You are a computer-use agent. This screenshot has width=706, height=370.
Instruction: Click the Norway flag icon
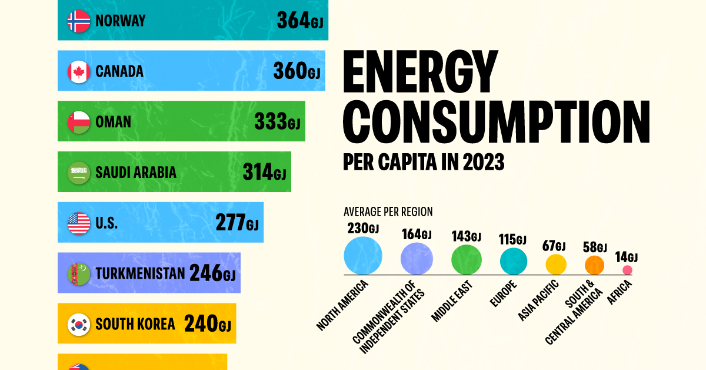79,21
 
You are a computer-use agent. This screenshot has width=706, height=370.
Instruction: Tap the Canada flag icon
79,71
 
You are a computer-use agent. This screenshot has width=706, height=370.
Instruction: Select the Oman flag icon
79,122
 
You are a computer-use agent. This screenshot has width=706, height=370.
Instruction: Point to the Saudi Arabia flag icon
79,173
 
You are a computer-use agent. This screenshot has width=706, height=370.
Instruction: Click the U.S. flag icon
79,223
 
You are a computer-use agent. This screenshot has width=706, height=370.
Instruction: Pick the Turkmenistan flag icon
79,273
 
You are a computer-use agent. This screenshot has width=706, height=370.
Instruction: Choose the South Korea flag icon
79,324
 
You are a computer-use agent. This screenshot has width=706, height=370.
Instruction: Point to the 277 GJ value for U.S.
235,223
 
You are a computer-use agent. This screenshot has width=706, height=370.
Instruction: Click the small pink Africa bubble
627,270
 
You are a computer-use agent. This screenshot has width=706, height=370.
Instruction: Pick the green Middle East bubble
467,260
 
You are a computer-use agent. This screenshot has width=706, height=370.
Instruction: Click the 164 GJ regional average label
417,234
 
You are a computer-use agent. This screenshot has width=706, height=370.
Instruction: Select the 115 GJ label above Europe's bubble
513,239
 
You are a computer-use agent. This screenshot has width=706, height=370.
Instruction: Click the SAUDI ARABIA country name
136,173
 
